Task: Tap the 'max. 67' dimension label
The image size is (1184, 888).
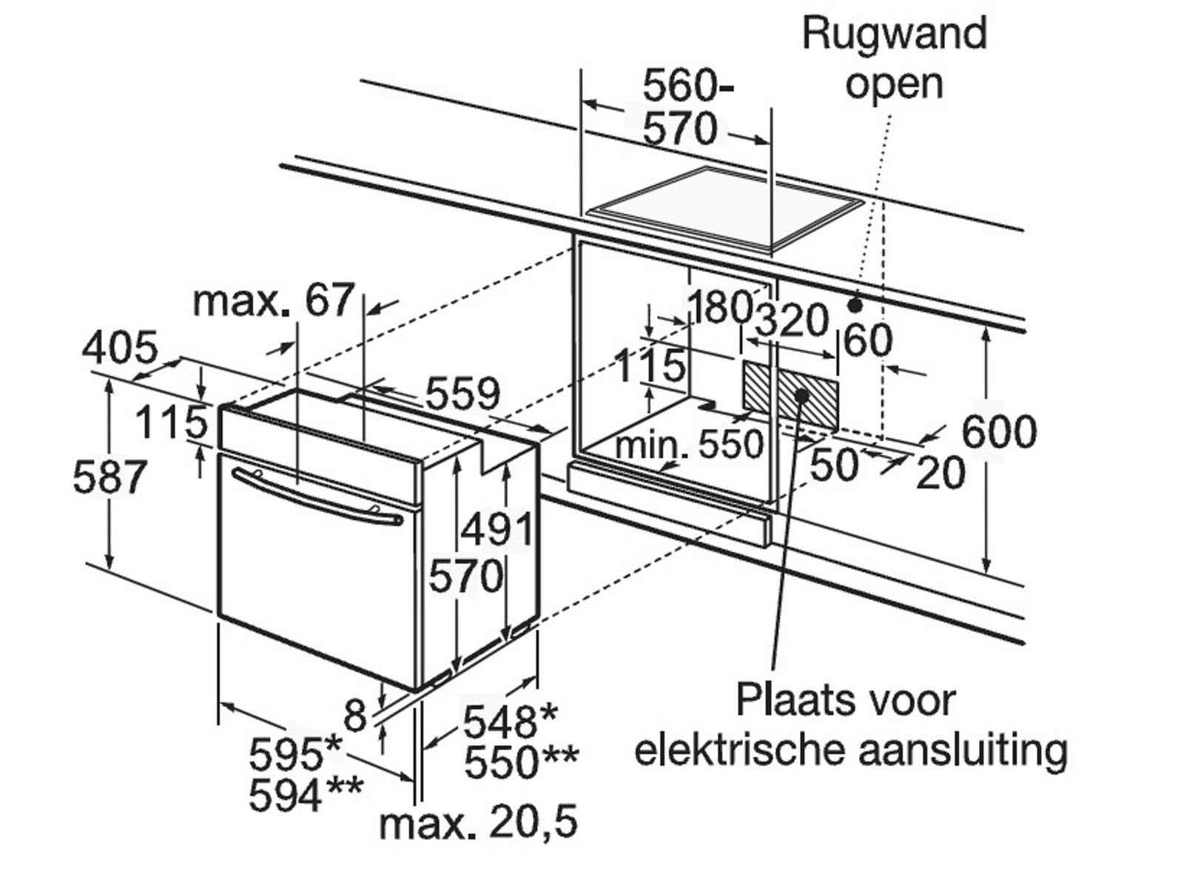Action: tap(273, 301)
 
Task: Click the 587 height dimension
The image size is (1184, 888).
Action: tap(109, 477)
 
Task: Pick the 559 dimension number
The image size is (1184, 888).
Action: tap(462, 394)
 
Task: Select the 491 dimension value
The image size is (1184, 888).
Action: tap(497, 529)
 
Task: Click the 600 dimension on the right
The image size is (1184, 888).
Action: tap(999, 431)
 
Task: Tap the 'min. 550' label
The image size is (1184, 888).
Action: tap(688, 445)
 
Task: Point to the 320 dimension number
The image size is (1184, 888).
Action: tap(791, 320)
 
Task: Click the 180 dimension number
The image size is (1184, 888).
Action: tap(719, 307)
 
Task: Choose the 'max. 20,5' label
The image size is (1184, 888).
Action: tap(477, 823)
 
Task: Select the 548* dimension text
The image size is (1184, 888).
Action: tap(510, 721)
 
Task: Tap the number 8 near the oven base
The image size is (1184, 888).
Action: tap(356, 716)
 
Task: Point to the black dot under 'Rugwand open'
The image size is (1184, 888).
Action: tap(855, 304)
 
